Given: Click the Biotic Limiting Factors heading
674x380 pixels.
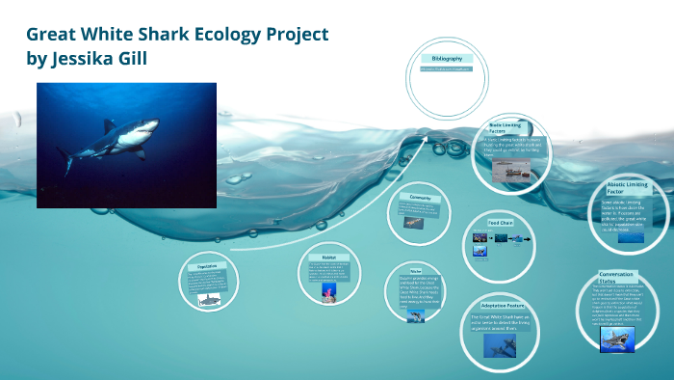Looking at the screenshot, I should click(x=509, y=129).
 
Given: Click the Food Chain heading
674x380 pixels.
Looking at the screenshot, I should click(x=501, y=223).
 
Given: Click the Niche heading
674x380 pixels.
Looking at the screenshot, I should click(x=415, y=272).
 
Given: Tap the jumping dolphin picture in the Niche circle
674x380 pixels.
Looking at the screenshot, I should click(x=415, y=314).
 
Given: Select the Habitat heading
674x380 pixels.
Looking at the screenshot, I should click(x=329, y=258).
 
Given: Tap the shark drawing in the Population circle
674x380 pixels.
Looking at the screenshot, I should click(x=209, y=300).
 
